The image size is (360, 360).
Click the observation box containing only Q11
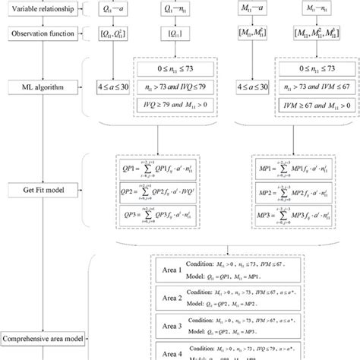click(175, 35)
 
